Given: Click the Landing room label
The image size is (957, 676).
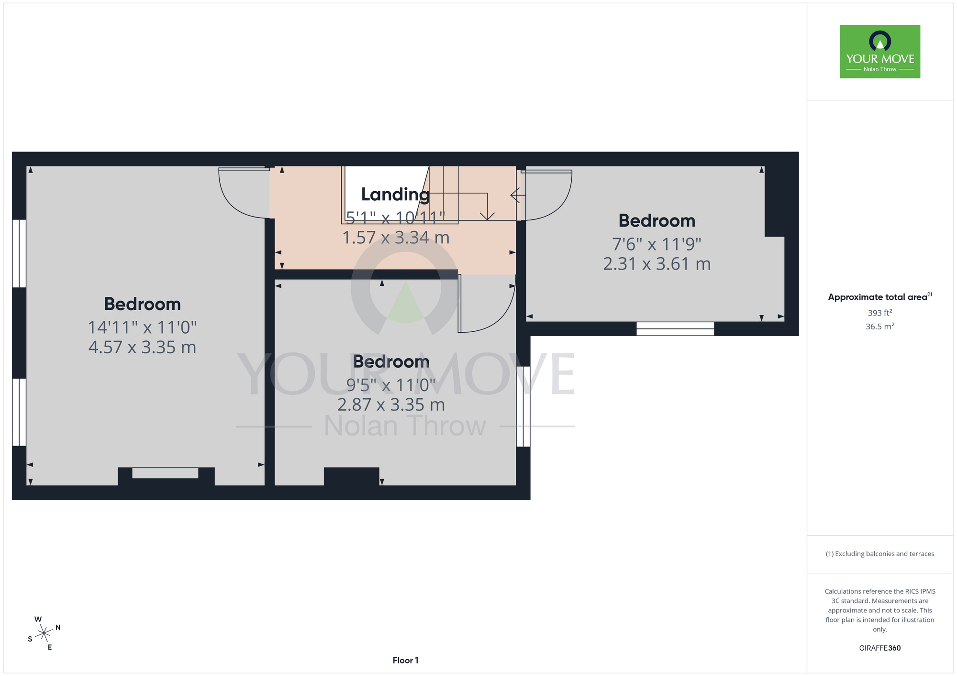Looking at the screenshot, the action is point(395,195).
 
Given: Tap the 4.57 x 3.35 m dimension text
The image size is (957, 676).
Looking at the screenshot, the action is point(142,348).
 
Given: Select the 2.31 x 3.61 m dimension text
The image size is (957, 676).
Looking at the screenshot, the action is point(657,264).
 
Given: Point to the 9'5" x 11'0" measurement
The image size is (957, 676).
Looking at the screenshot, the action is point(391,385).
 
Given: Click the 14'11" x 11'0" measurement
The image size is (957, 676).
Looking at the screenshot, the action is point(142,327).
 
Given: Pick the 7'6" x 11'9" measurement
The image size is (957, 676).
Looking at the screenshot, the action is point(657,244).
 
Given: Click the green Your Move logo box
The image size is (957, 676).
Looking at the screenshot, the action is point(879,52).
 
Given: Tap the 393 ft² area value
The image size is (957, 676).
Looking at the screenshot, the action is point(879,313).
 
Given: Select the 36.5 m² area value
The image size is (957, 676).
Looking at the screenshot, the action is point(879,327).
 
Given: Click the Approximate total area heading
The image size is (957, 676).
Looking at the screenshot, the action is point(879,297).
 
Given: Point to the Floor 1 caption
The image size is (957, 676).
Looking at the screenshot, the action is point(405,660).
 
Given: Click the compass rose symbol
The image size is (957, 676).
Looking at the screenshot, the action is point(44,633).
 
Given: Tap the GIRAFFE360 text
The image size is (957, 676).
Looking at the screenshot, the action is point(879,648).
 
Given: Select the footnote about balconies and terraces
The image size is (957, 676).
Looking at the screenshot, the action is point(879,554).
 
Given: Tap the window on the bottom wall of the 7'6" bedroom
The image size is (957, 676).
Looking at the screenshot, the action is point(675,328).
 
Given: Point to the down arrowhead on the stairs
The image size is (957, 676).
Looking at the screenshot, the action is point(487,216).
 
